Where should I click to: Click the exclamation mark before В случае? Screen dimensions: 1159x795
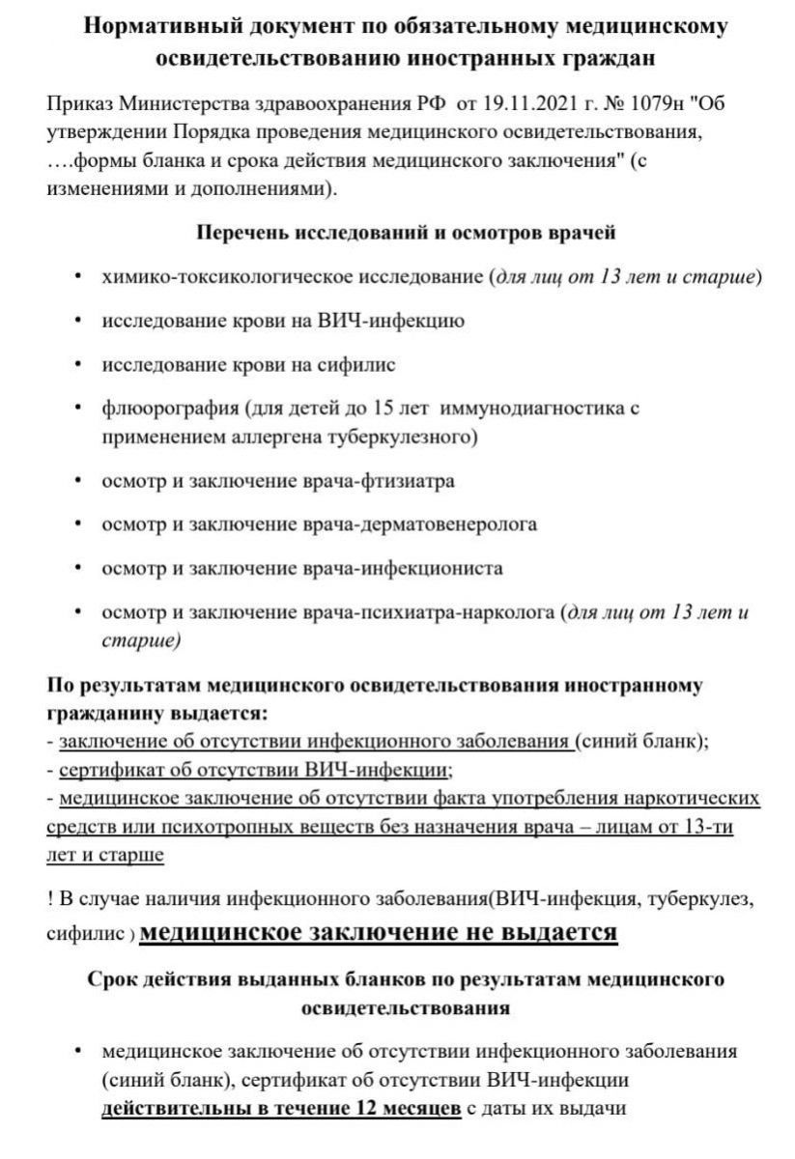click(49, 899)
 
